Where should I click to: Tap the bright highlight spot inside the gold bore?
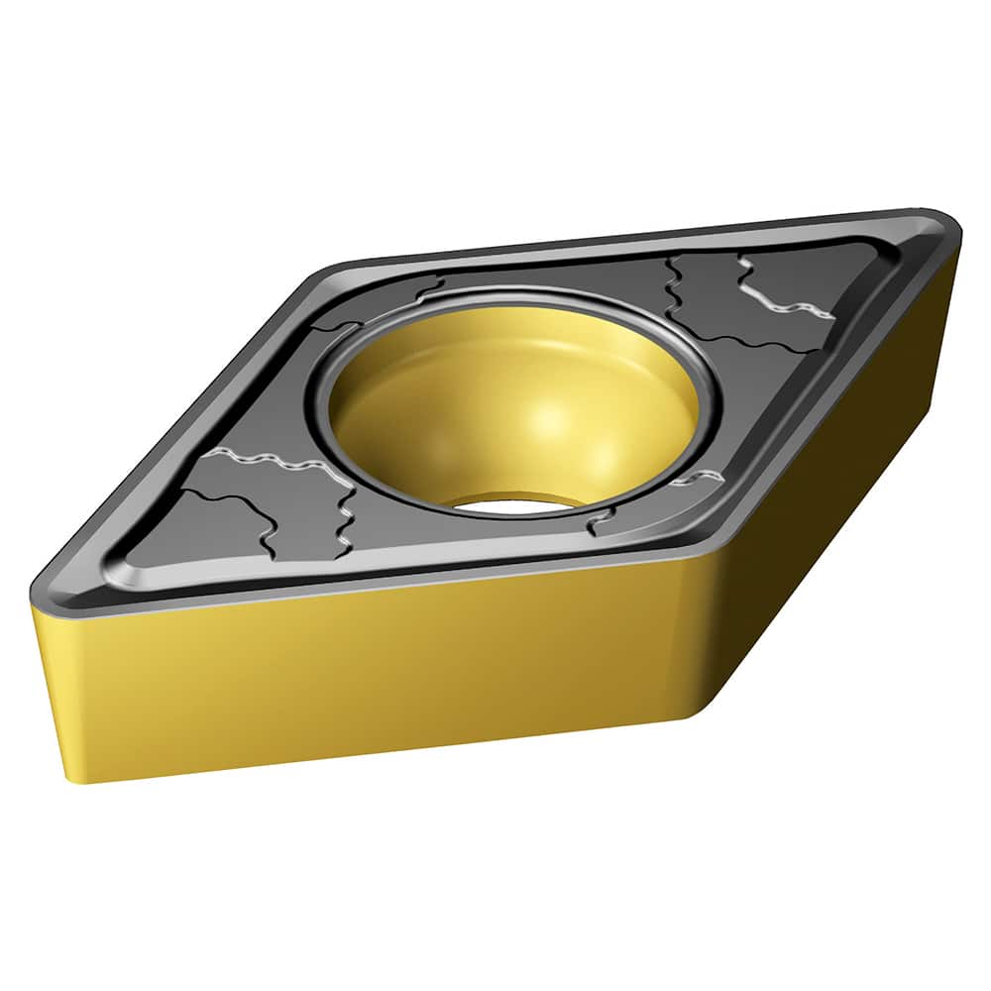click(555, 416)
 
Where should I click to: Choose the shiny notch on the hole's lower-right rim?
click(694, 481)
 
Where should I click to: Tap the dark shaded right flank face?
click(842, 495)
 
